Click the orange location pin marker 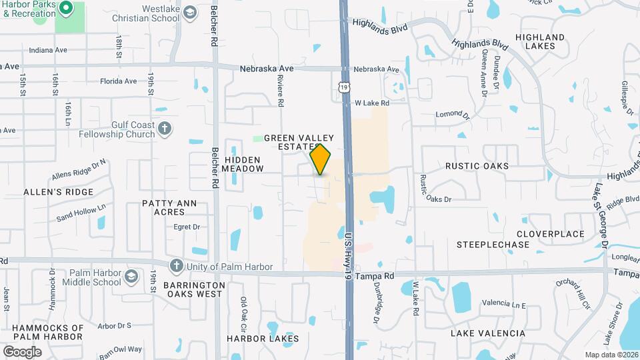321,159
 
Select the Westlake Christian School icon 190,13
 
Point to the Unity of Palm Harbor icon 176,266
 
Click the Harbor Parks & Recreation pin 65,9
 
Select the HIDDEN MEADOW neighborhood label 243,164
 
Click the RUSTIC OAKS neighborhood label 477,166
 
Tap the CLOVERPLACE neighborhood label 551,234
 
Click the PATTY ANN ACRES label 163,207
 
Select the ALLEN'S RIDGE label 58,192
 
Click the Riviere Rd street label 281,91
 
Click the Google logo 22,351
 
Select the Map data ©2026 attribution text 611,355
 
